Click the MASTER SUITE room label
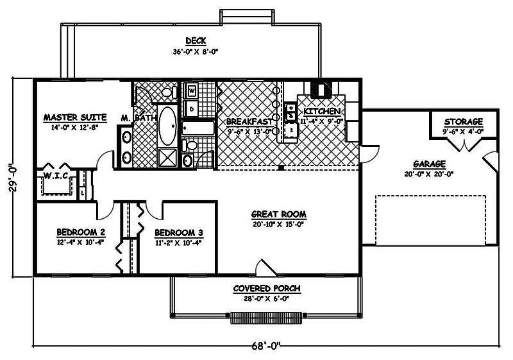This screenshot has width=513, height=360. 74,117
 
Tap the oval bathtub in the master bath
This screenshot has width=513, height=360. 169,126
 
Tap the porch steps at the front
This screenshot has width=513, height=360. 263,317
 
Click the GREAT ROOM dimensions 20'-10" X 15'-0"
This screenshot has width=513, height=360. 278,225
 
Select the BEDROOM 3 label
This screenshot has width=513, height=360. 179,232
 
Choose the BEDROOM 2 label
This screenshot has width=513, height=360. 81,232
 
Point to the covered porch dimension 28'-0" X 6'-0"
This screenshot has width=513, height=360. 266,298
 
